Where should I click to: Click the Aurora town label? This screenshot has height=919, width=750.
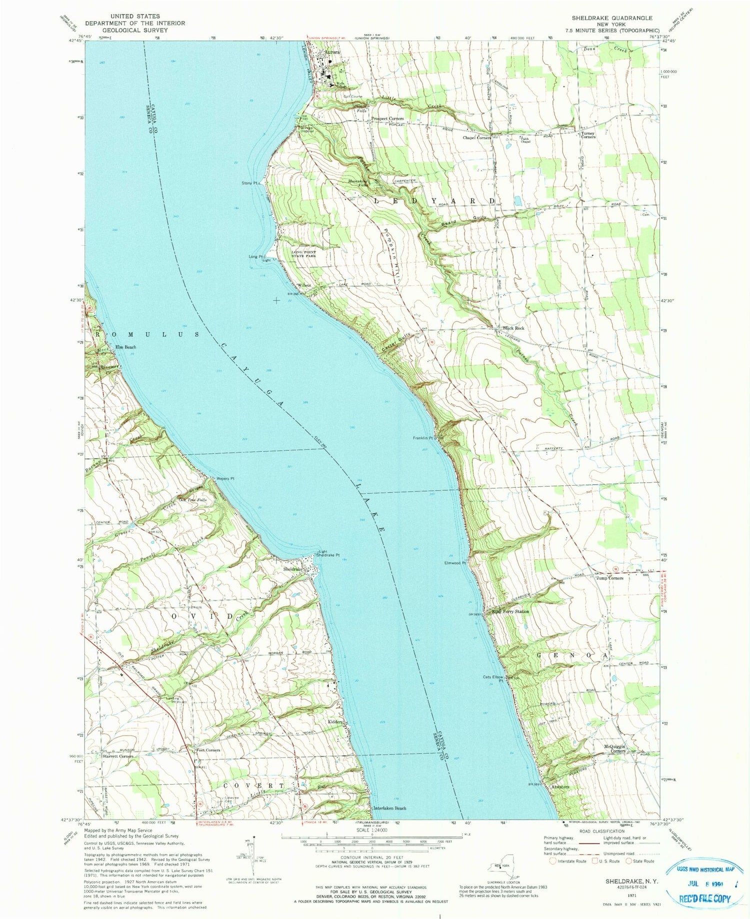point(332,52)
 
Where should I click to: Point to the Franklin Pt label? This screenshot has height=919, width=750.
point(422,438)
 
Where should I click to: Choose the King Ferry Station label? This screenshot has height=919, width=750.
point(510,611)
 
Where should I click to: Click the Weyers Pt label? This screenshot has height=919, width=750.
point(225,478)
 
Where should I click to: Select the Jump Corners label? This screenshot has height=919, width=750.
point(609,578)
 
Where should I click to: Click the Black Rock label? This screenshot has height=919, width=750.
point(514,328)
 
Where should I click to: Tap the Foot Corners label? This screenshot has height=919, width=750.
point(208,750)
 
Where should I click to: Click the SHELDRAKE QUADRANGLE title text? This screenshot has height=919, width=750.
point(612,18)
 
